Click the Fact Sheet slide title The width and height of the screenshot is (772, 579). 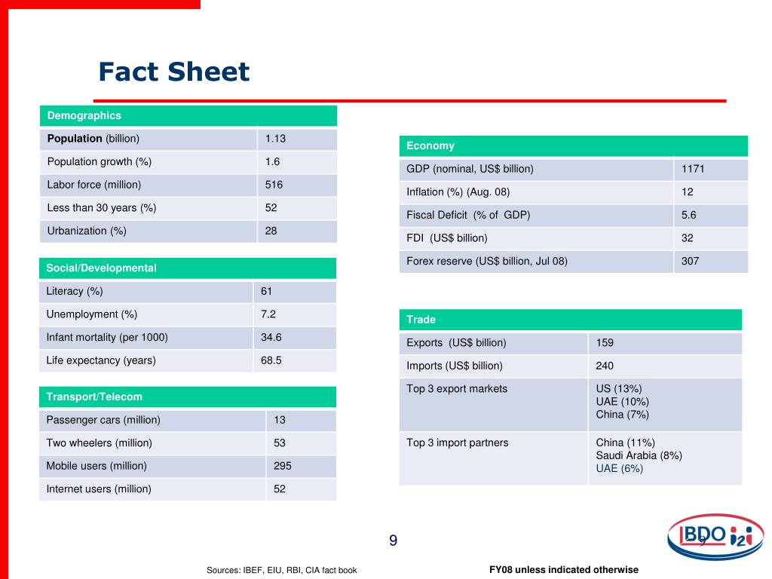click(x=173, y=72)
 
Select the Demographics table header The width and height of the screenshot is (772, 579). click(x=84, y=115)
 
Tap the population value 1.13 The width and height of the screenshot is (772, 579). click(x=275, y=139)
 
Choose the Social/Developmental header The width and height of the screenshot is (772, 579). click(x=101, y=268)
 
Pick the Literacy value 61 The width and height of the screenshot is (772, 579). click(x=267, y=291)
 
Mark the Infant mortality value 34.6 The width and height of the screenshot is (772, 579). click(x=271, y=337)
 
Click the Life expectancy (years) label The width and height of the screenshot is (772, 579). click(x=101, y=360)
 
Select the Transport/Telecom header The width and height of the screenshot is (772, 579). click(x=94, y=397)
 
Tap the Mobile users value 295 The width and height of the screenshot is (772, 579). click(x=283, y=466)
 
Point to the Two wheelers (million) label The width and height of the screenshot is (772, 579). click(x=100, y=443)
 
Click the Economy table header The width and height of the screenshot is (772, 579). click(x=430, y=146)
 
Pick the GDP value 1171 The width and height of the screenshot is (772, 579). click(x=693, y=169)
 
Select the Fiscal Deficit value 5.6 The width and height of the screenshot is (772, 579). click(x=689, y=215)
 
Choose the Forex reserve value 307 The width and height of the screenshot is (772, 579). click(x=691, y=261)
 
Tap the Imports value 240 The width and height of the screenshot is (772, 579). click(x=605, y=366)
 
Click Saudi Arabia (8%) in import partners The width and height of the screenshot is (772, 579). click(x=639, y=455)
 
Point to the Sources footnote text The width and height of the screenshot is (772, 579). click(x=282, y=570)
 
